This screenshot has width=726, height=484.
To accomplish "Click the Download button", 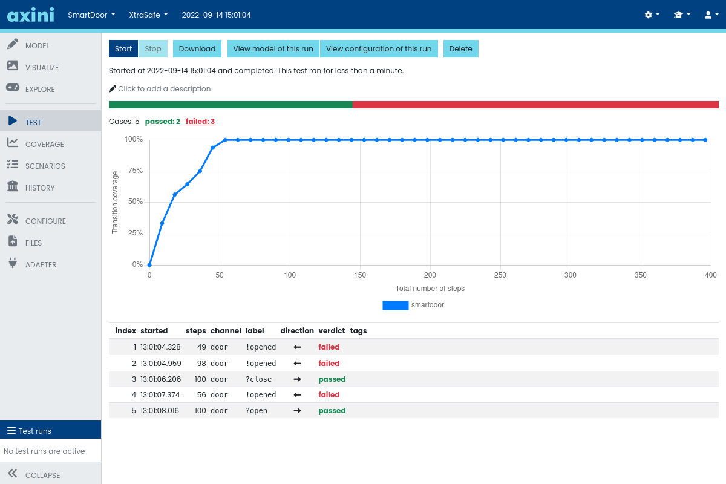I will [197, 49].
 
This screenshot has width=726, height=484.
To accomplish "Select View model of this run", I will [273, 49].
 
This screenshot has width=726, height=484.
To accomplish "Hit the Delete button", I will [460, 49].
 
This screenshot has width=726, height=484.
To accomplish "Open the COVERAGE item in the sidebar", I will [44, 144].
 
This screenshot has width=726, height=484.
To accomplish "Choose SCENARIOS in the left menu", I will [45, 166].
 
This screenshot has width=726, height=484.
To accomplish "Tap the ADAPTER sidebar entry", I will [41, 264].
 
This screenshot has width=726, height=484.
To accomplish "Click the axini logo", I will [30, 15].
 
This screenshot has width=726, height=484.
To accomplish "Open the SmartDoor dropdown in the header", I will [91, 15].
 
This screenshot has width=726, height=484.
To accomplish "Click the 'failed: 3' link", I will [200, 122].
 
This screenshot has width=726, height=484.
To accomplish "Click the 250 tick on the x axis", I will [500, 275].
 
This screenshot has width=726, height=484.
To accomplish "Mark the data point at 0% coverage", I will [149, 264].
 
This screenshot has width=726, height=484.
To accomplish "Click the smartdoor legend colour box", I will [395, 306].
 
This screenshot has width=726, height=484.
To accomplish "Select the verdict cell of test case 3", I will [332, 379].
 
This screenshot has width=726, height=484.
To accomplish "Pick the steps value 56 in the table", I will [201, 395].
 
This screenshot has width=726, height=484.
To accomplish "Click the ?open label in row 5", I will [256, 411].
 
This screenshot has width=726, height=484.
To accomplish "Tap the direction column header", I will [296, 331].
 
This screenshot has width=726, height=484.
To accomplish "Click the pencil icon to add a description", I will [113, 88].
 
